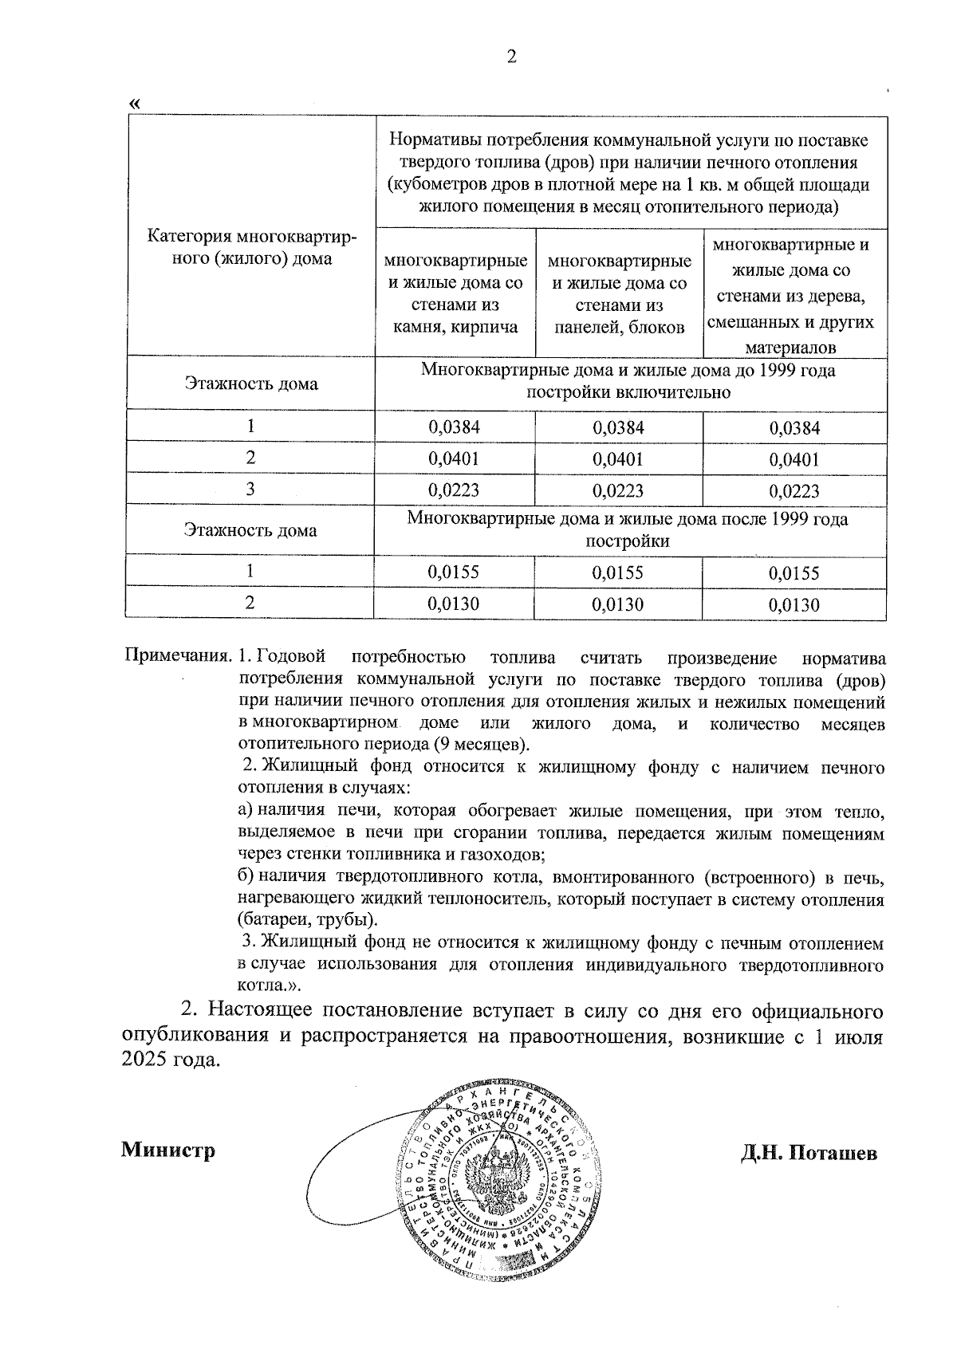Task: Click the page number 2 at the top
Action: pyautogui.click(x=511, y=57)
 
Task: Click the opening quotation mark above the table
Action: pyautogui.click(x=135, y=104)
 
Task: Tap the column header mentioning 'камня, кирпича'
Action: pyautogui.click(x=456, y=293)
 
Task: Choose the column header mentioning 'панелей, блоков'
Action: pyautogui.click(x=620, y=293)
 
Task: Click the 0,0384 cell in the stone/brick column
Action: pyautogui.click(x=455, y=427)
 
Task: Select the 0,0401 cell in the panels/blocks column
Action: pyautogui.click(x=618, y=459)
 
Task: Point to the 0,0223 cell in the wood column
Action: pyautogui.click(x=794, y=491)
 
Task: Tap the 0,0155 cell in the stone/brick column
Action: pyautogui.click(x=455, y=572)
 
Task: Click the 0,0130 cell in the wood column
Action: pyautogui.click(x=794, y=605)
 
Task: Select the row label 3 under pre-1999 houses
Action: pyautogui.click(x=250, y=489)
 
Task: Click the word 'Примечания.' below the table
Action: pyautogui.click(x=179, y=659)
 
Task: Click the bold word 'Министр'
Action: pyautogui.click(x=168, y=1150)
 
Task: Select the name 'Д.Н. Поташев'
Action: pyautogui.click(x=809, y=1154)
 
